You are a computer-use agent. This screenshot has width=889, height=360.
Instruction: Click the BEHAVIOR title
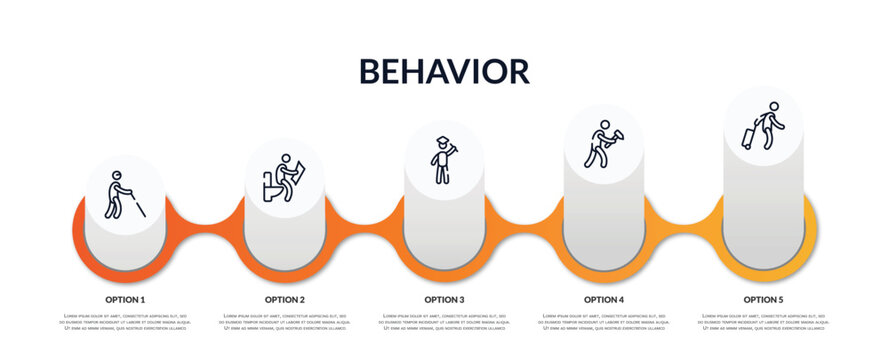pos(444,71)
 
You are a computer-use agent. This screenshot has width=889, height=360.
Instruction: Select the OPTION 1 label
pos(125,299)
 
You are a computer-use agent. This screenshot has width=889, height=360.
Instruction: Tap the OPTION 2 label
pos(285,299)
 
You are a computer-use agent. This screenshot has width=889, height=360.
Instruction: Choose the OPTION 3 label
pos(444,299)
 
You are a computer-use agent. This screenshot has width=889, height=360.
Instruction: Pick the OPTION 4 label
pos(604,299)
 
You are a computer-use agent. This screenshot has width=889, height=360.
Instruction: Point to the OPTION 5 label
pos(763,299)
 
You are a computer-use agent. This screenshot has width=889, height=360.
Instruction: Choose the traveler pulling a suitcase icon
pos(763,126)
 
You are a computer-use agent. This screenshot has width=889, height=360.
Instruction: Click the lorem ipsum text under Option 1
pos(125,323)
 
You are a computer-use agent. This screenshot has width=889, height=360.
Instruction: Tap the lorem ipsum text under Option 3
pos(444,323)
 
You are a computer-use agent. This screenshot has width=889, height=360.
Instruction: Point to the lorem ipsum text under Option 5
pos(763,323)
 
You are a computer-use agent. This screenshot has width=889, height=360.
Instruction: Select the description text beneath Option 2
pos(285,323)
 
